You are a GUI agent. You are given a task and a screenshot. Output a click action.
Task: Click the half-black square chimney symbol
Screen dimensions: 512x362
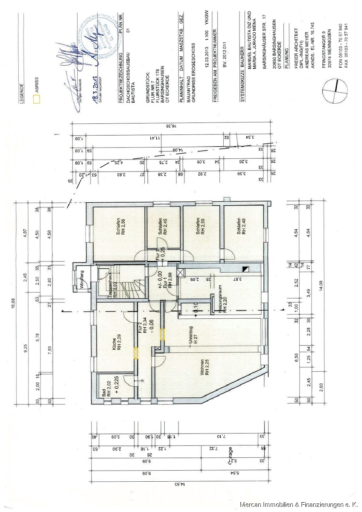pos(245,269)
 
